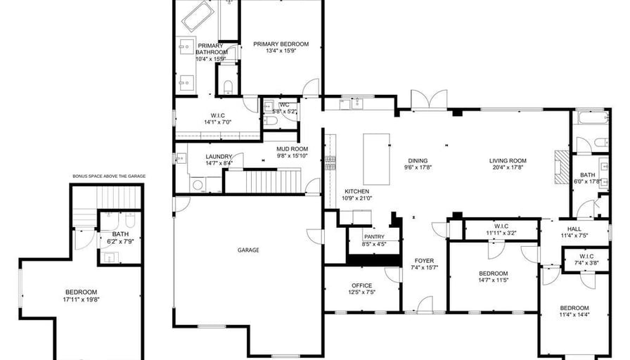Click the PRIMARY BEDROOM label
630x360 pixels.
(x=281, y=44)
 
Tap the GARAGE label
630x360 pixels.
(x=248, y=250)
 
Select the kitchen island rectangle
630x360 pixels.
(x=376, y=159)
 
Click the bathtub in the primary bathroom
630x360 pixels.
(x=198, y=15)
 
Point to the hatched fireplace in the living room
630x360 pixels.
(x=562, y=167)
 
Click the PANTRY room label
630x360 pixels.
(x=374, y=237)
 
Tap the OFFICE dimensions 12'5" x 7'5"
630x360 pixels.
(x=362, y=292)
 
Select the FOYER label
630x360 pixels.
(x=424, y=261)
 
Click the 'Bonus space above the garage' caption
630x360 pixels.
(x=109, y=176)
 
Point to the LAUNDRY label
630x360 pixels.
(x=219, y=157)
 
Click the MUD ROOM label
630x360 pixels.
(x=292, y=149)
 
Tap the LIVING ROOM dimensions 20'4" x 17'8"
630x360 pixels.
(x=508, y=167)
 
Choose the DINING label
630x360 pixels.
(x=418, y=161)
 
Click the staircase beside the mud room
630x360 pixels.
(x=263, y=181)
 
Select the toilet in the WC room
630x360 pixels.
(x=271, y=120)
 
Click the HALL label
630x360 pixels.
(x=574, y=229)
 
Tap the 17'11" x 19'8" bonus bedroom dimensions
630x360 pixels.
(x=81, y=300)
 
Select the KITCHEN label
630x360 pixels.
(x=356, y=192)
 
